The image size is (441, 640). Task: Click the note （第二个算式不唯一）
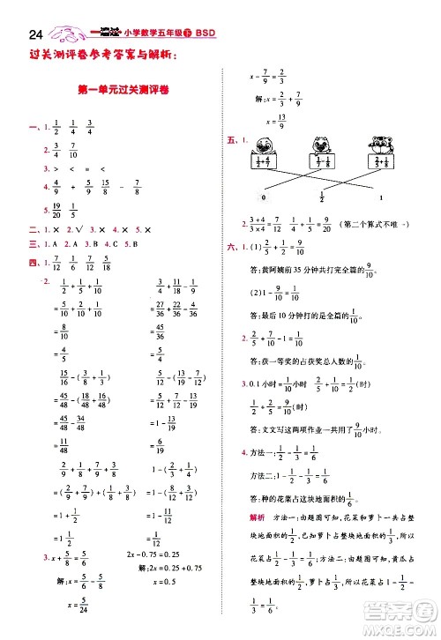click(x=377, y=225)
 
